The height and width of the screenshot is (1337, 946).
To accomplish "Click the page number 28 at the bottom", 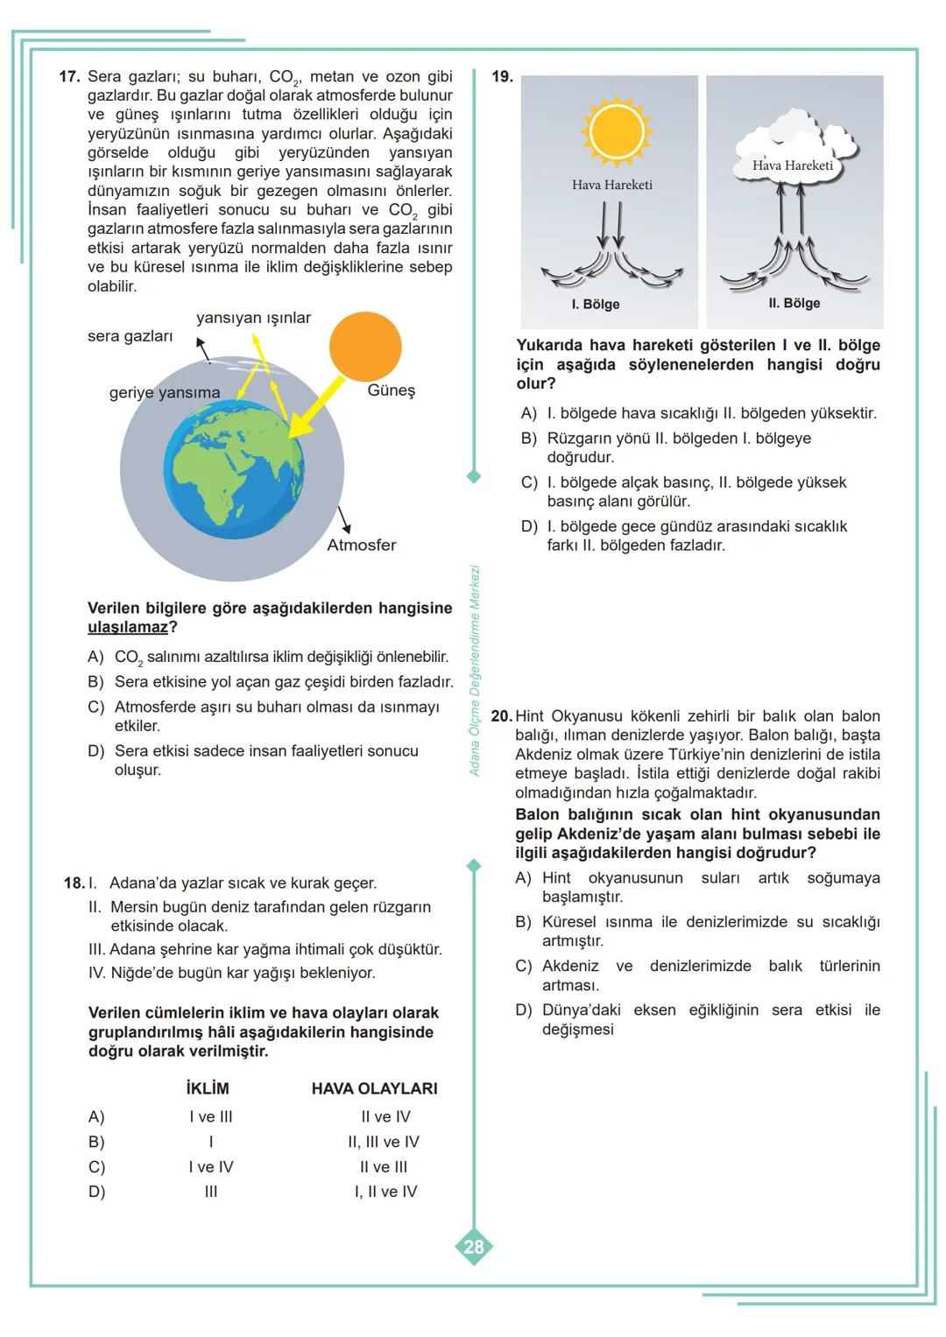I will tap(473, 1247).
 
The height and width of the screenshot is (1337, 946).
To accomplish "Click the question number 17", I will tap(69, 77).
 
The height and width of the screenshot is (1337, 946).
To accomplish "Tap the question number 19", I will tap(502, 77).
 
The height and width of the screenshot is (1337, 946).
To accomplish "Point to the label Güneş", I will tap(391, 391).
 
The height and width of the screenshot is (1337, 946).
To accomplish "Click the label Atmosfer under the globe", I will tap(361, 545).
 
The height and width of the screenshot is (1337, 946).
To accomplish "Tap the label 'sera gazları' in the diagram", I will tap(130, 336).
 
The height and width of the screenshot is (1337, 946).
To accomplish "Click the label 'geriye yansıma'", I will tap(165, 393).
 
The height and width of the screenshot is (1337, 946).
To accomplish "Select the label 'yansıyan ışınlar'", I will tap(253, 318).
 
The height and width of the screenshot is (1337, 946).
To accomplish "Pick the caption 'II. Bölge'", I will tap(794, 304).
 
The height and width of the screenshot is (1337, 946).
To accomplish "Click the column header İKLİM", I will tap(208, 1088).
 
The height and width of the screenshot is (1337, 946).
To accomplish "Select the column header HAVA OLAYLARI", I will tap(374, 1088).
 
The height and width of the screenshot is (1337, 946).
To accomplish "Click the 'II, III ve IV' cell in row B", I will tap(384, 1142).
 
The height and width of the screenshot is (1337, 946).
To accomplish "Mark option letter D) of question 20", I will tap(524, 1010).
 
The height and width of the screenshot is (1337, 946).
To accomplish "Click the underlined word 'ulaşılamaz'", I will tap(128, 628).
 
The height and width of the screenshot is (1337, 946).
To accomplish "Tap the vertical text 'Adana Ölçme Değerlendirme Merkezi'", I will tap(476, 670).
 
